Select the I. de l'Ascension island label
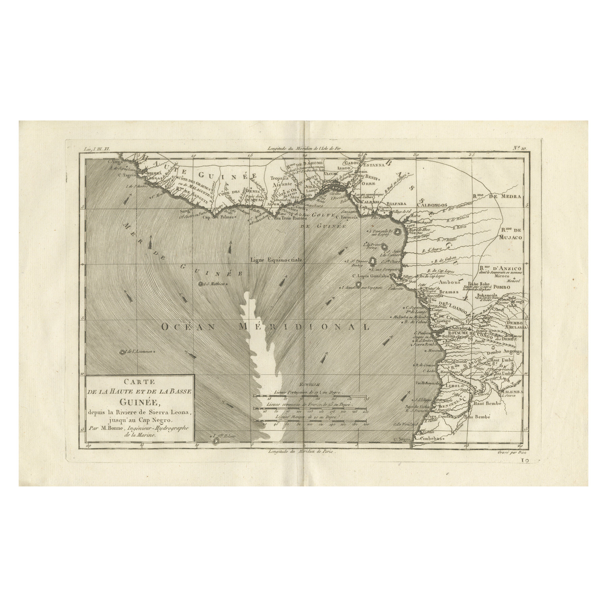(x=138, y=352)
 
